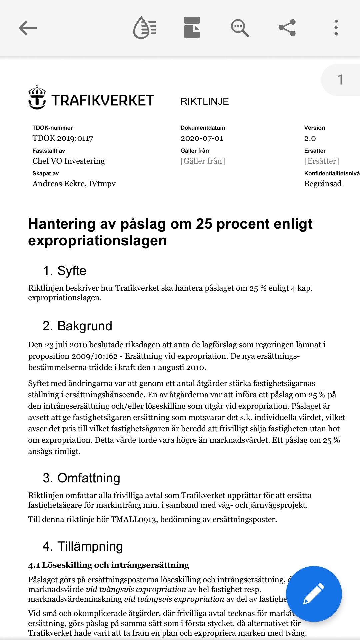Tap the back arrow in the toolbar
(x=28, y=28)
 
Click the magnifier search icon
(x=240, y=28)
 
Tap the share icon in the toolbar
(x=287, y=28)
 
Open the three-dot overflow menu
(x=336, y=28)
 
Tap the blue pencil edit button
(x=314, y=594)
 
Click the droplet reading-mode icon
(x=145, y=28)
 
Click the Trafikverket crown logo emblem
(x=37, y=97)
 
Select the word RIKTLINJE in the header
(x=205, y=101)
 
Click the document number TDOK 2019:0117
(x=63, y=138)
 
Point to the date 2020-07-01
(x=202, y=138)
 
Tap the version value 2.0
(x=310, y=138)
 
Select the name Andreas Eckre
(x=59, y=184)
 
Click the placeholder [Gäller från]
(x=203, y=161)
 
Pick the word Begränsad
(x=323, y=184)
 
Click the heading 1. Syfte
(x=65, y=271)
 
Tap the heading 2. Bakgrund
(x=77, y=326)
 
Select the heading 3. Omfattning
(x=81, y=478)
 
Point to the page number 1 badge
(x=340, y=80)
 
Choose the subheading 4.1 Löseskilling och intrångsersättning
(x=109, y=565)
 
